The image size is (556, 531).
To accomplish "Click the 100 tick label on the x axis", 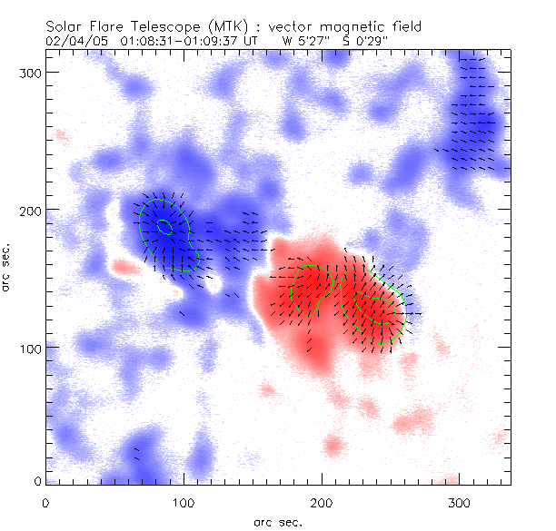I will click(x=184, y=502).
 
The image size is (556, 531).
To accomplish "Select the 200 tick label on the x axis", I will click(x=322, y=502).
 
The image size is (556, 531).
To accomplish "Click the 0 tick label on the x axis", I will click(x=45, y=502).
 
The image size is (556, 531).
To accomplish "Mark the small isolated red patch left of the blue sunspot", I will click(x=121, y=268).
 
